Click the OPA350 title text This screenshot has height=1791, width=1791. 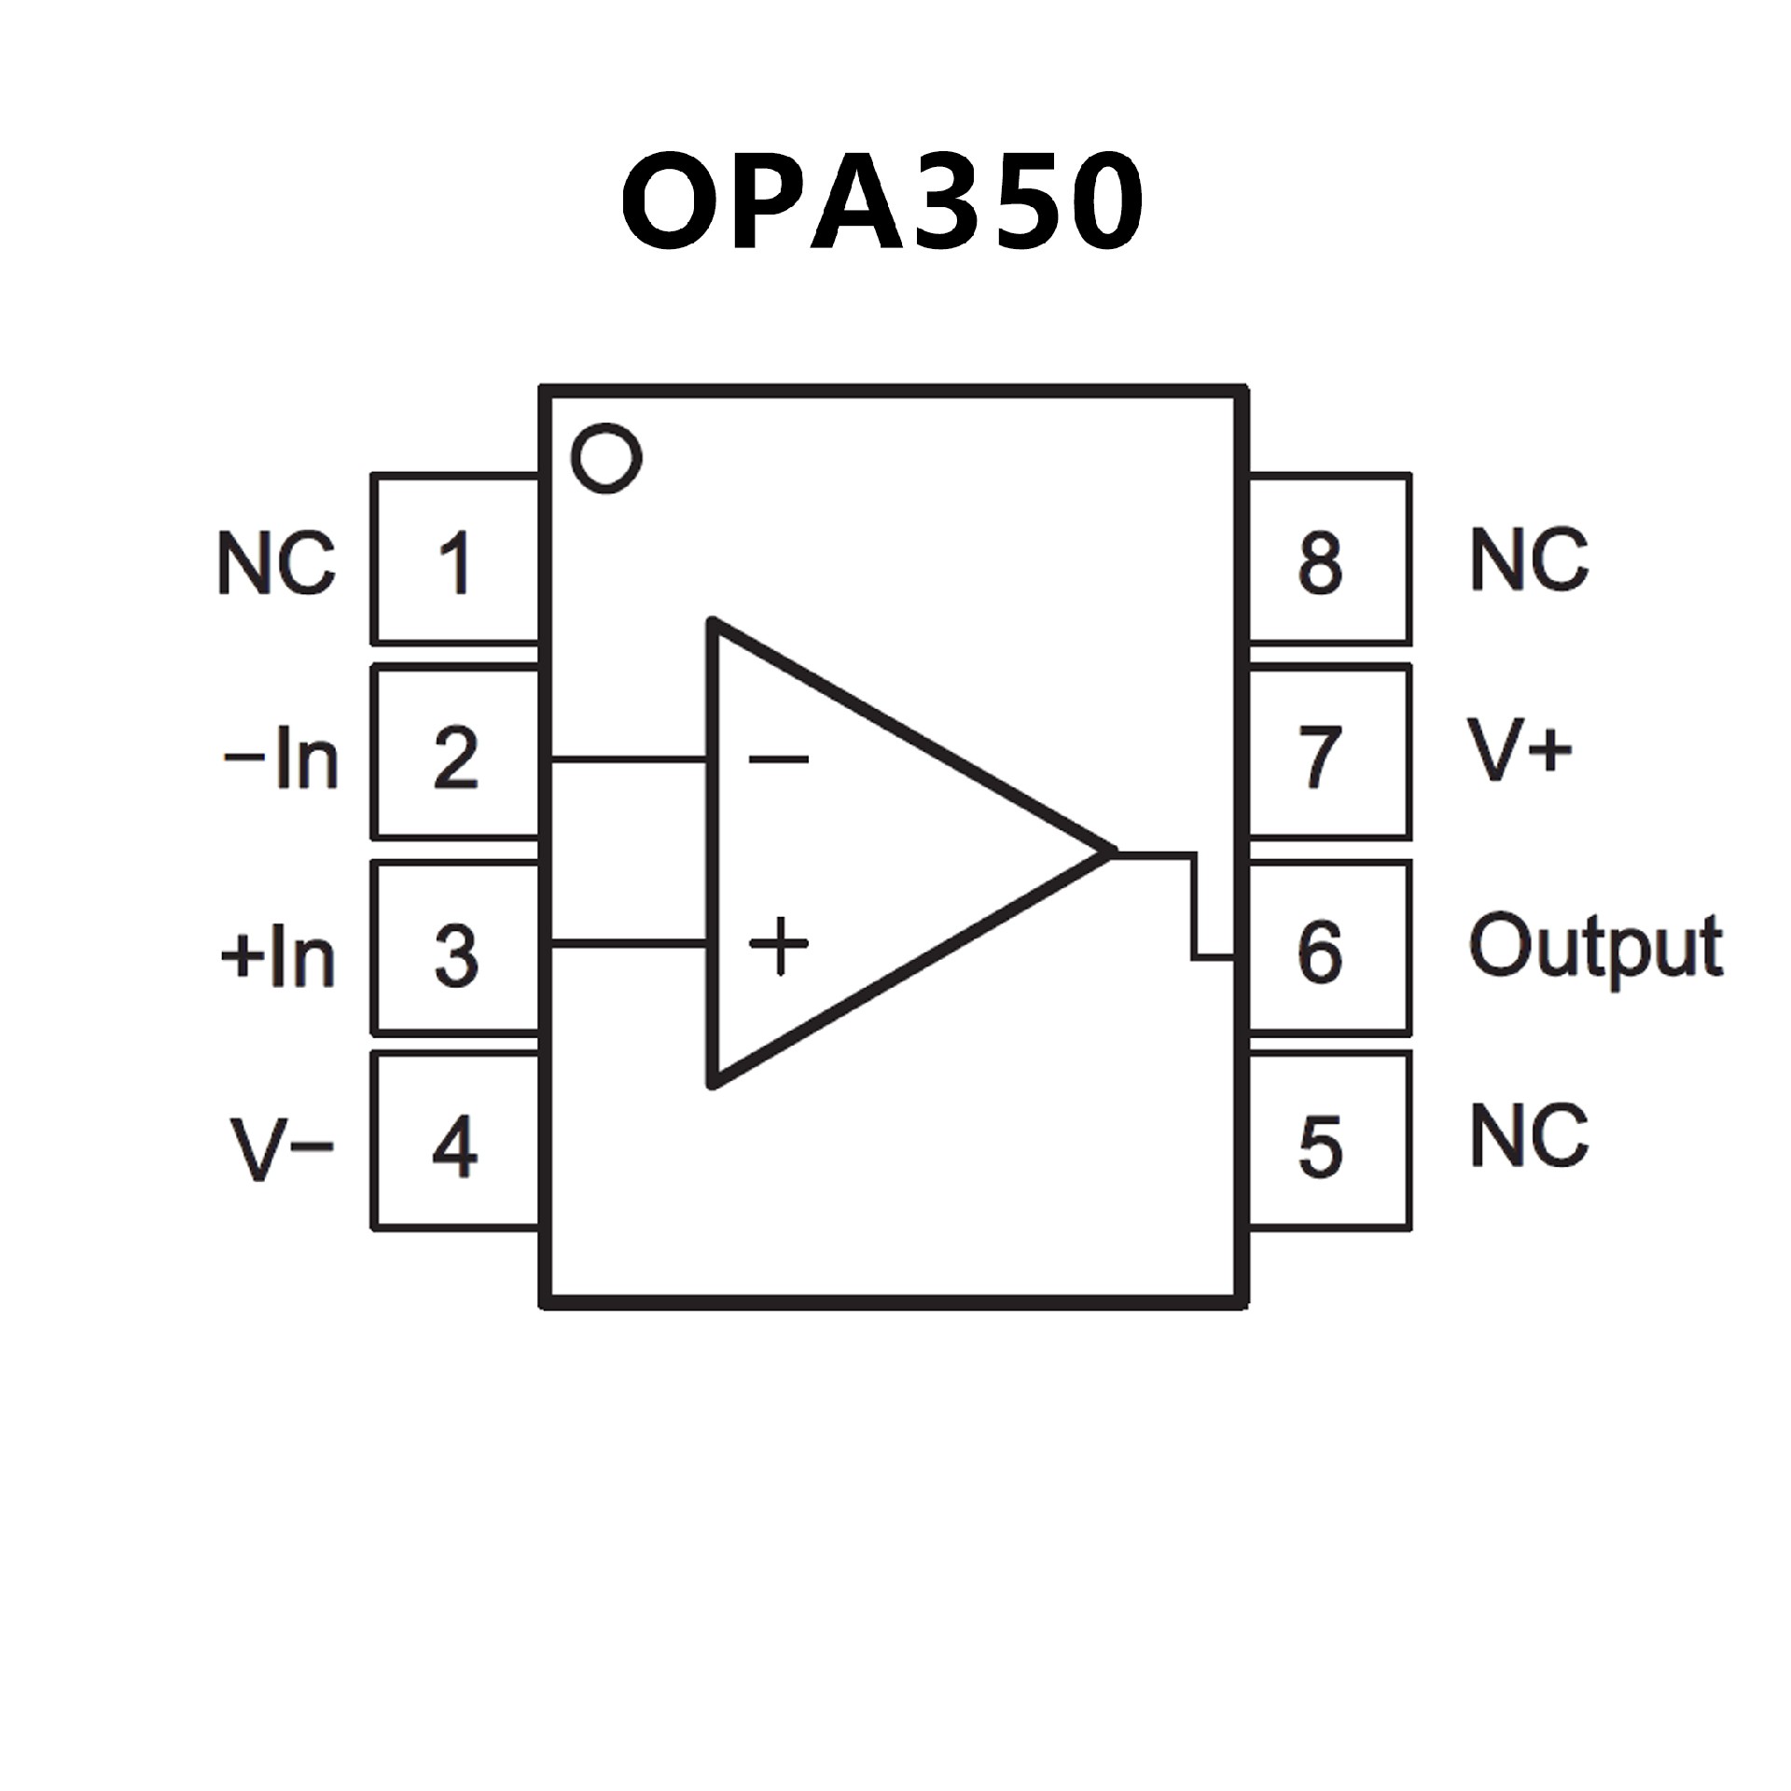pyautogui.click(x=882, y=201)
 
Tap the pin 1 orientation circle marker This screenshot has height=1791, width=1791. pyautogui.click(x=607, y=457)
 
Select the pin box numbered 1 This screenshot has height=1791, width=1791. pyautogui.click(x=455, y=561)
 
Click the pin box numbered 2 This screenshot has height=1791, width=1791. pyautogui.click(x=455, y=756)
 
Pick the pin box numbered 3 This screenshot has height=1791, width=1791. pyautogui.click(x=455, y=952)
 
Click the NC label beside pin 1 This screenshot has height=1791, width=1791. pyautogui.click(x=276, y=563)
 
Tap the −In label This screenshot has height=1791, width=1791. pyautogui.click(x=280, y=757)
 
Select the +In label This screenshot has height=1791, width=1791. pyautogui.click(x=278, y=955)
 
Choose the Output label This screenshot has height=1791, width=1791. pyautogui.click(x=1595, y=948)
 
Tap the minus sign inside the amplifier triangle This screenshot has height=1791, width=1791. pyautogui.click(x=778, y=759)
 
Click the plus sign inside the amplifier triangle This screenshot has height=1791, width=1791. pyautogui.click(x=780, y=946)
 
